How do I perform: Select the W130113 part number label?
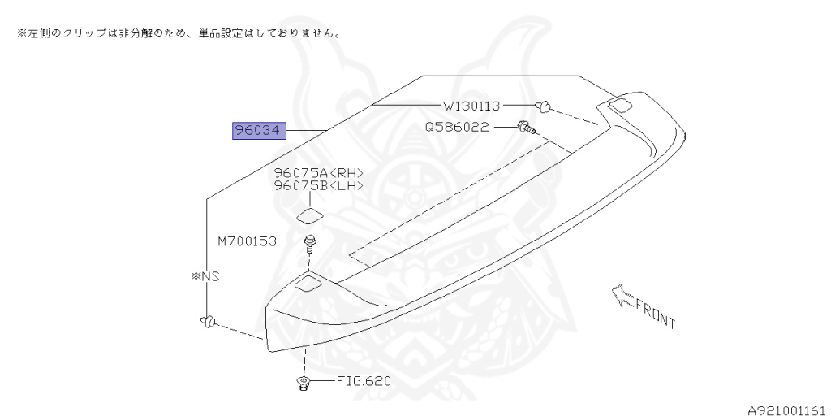(471, 106)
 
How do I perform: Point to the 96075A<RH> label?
(318, 173)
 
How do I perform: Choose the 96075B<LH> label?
(318, 186)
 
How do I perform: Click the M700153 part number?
(247, 241)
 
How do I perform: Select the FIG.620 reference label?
(357, 381)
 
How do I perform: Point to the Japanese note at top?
(179, 34)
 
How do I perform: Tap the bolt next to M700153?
(310, 242)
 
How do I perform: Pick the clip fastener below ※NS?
(208, 322)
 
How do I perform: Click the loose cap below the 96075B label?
(309, 215)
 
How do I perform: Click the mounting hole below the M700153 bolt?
(308, 283)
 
